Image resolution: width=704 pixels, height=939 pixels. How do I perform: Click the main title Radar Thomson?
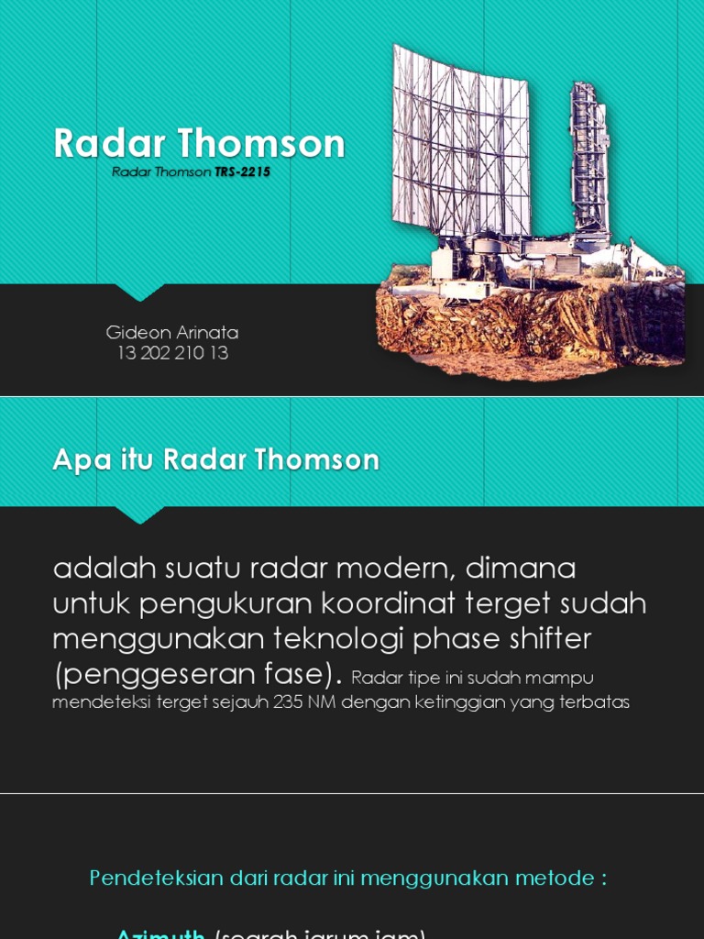pyautogui.click(x=199, y=144)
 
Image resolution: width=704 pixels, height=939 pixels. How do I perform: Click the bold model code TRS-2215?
pyautogui.click(x=243, y=171)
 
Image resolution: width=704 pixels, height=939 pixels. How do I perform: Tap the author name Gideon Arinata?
pyautogui.click(x=172, y=332)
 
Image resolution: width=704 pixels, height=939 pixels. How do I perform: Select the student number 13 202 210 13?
pyautogui.click(x=172, y=353)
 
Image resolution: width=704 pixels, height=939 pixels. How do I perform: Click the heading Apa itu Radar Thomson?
pyautogui.click(x=215, y=459)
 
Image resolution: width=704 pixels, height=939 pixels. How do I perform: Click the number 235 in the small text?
pyautogui.click(x=291, y=703)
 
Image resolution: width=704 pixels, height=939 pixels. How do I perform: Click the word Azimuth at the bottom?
pyautogui.click(x=160, y=933)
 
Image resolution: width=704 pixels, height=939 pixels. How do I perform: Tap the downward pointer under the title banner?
pyautogui.click(x=140, y=293)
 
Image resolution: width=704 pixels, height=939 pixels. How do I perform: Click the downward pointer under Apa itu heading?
pyautogui.click(x=140, y=515)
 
